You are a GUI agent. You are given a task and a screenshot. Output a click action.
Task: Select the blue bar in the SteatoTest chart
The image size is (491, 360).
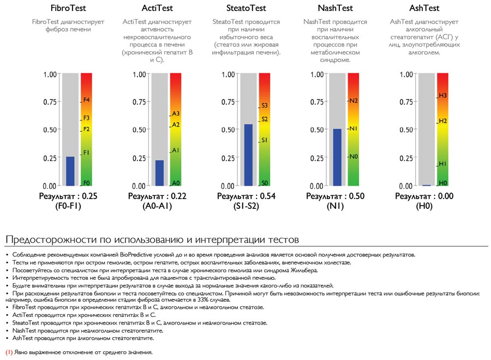pyautogui.click(x=248, y=155)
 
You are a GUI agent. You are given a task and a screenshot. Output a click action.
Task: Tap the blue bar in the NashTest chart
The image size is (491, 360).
pyautogui.click(x=337, y=158)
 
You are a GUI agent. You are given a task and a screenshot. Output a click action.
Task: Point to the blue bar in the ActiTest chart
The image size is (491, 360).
pyautogui.click(x=159, y=173)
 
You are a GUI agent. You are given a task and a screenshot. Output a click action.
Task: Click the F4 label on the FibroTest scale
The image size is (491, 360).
pyautogui.click(x=87, y=100)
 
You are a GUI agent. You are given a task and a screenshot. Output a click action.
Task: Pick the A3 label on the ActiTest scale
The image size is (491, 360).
pyautogui.click(x=176, y=113)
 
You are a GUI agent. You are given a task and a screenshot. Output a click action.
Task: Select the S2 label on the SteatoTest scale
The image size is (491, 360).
pyautogui.click(x=265, y=119)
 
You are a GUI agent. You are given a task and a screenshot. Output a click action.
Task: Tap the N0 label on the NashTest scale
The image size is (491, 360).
pyautogui.click(x=354, y=157)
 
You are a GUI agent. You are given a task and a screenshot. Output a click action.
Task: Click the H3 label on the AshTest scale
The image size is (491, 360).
pyautogui.click(x=443, y=96)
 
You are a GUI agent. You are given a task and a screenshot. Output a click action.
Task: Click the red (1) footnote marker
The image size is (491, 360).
pyautogui.click(x=9, y=352)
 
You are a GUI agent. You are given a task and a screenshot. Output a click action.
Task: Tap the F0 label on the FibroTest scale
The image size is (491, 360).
pyautogui.click(x=87, y=183)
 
